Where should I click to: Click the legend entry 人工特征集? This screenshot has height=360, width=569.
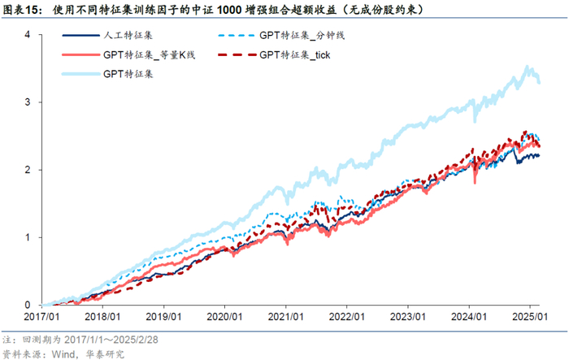coord(128,35)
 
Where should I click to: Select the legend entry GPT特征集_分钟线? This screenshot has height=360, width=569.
coord(302,35)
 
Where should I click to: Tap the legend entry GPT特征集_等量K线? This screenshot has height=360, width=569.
coord(149,54)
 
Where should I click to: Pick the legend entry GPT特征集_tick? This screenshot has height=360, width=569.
coord(294,54)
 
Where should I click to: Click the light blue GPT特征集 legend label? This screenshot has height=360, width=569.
coord(128,74)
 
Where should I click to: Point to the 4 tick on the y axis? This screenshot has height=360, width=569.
coord(28,34)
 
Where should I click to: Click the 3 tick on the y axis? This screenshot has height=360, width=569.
coord(28,102)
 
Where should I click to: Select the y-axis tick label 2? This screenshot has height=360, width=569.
coord(28,170)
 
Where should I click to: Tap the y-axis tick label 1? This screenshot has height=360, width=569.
coord(28,237)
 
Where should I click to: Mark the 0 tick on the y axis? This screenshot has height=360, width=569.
coord(28,305)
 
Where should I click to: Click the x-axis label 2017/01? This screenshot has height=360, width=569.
coord(41,316)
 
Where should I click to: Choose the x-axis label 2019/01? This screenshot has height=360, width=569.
coord(163,316)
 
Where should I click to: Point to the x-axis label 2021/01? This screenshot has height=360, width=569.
coord(285,316)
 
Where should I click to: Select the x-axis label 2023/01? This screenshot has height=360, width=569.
coord(407,316)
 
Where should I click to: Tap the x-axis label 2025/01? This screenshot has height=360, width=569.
coord(530,316)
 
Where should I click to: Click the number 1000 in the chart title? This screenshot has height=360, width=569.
coord(230,10)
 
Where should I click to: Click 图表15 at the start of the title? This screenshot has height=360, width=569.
coord(20,10)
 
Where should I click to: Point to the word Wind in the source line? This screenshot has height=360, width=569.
coord(63,353)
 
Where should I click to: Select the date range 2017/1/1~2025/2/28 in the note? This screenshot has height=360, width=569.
coord(111,340)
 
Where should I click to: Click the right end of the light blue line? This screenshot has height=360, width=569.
coord(539,83)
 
